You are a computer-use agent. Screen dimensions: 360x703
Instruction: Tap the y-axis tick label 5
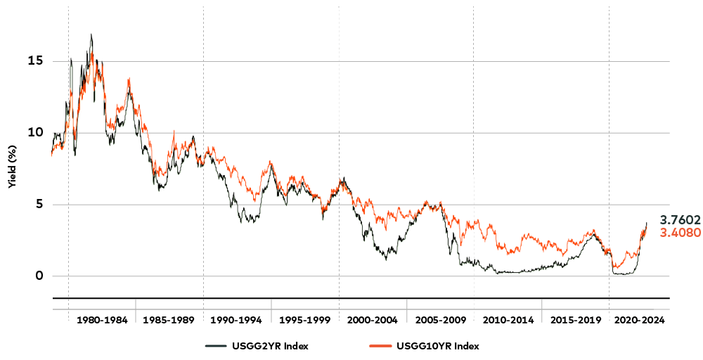pos(39,205)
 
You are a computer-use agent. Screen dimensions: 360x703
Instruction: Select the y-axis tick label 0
pos(39,276)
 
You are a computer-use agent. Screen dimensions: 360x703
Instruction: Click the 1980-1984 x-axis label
pos(102,320)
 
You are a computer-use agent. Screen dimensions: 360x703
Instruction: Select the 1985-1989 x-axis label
pos(169,320)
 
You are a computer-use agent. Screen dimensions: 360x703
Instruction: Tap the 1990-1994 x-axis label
pos(237,320)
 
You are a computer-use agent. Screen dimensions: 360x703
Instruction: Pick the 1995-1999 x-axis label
pos(305,320)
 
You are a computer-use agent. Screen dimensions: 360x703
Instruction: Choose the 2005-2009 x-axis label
pos(441,320)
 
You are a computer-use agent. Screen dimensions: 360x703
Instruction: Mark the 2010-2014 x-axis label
pos(508,320)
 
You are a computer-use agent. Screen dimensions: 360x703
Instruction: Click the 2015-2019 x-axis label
pos(576,320)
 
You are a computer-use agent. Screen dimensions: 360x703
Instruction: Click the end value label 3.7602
pos(680,220)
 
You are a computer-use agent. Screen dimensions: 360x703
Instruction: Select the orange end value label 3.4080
pos(680,233)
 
